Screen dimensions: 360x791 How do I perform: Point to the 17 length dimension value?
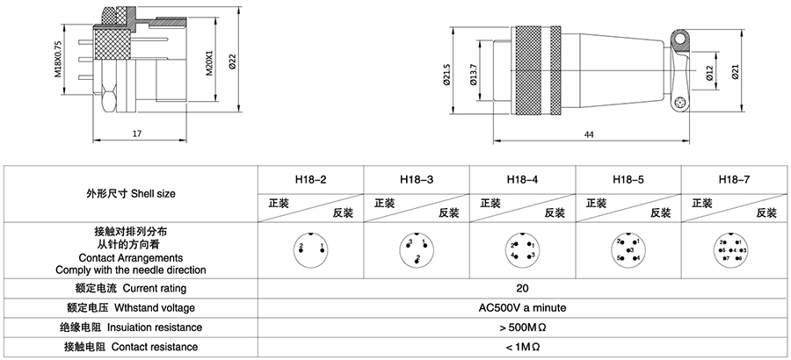(138, 133)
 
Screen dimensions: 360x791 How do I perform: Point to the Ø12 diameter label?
(710, 73)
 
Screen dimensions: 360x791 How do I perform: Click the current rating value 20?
(522, 288)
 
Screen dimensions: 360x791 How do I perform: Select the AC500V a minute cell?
(522, 307)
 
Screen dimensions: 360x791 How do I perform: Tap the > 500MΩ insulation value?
(522, 328)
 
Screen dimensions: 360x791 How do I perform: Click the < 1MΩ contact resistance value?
(522, 347)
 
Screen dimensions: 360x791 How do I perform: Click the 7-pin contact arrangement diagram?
(732, 249)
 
